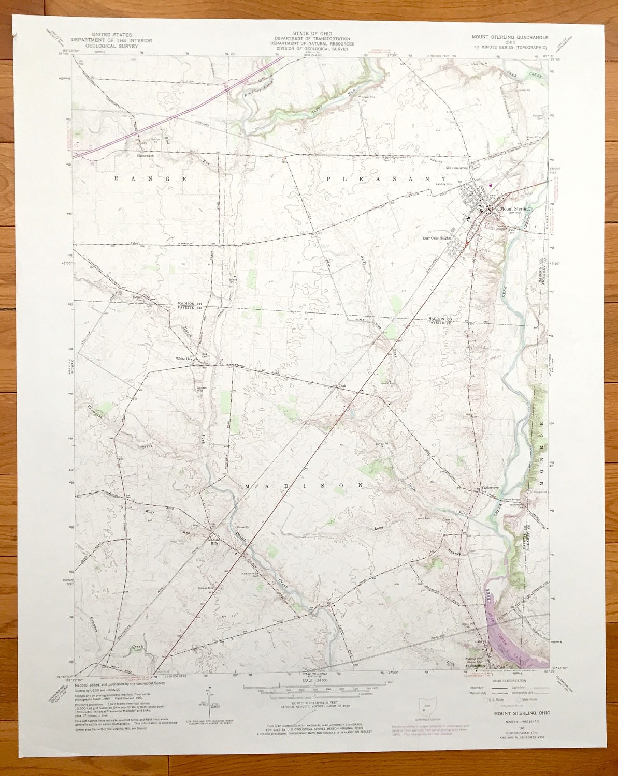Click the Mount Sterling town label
(515, 208)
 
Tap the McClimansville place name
(456, 168)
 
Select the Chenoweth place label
(146, 155)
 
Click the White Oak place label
(183, 359)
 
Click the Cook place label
(342, 386)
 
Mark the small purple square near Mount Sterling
(490, 184)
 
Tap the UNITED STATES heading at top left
(111, 34)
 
